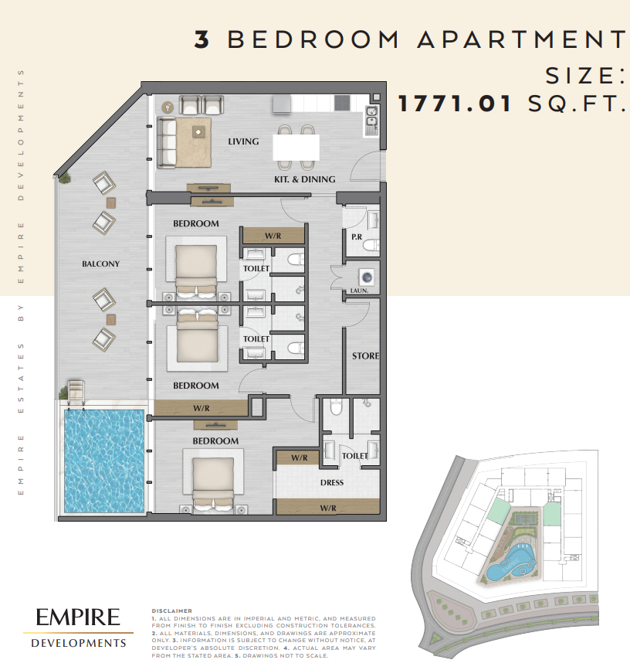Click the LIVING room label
tap(243, 141)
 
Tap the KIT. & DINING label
tap(305, 179)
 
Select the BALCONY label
tap(100, 264)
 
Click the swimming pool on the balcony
tap(104, 461)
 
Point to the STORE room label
tap(366, 356)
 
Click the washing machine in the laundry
tap(367, 277)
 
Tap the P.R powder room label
tap(357, 236)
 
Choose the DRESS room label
tap(332, 483)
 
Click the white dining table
tap(296, 148)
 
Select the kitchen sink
tap(372, 116)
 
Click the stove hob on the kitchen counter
tap(342, 103)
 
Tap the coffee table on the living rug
tap(198, 131)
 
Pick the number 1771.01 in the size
tap(455, 104)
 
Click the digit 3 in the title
tap(202, 39)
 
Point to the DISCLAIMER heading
tap(172, 611)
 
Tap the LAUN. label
tap(359, 291)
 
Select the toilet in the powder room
tap(371, 245)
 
